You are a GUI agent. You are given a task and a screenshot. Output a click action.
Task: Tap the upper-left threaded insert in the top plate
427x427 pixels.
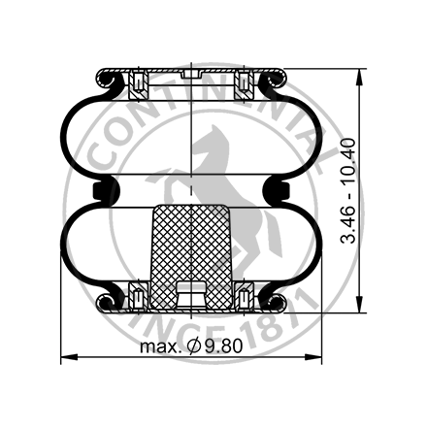point(137,85)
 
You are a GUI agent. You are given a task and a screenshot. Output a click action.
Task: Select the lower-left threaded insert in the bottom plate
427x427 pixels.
point(137,295)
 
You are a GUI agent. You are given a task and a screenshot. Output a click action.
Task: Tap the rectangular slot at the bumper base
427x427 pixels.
point(194,292)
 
